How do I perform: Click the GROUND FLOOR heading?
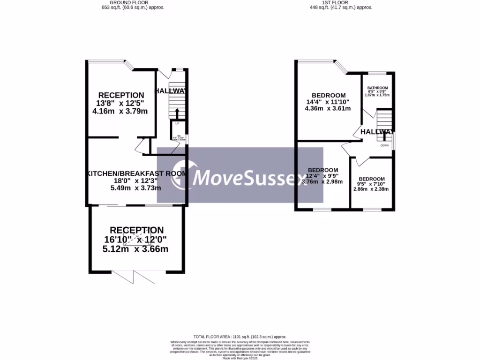click(x=133, y=3)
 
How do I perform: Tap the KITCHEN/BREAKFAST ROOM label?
click(x=136, y=173)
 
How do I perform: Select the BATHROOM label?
click(x=377, y=88)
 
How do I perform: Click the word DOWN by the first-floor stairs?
click(x=384, y=145)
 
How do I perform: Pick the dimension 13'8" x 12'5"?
click(x=121, y=103)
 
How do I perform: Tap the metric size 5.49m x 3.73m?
click(x=135, y=188)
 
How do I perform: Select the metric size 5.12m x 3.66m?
click(x=135, y=249)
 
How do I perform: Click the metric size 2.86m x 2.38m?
click(x=371, y=189)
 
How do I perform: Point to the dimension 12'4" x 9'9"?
click(x=322, y=176)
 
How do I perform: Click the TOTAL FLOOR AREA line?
click(x=240, y=337)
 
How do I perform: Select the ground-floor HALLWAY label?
click(x=172, y=91)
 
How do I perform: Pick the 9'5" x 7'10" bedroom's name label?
click(x=371, y=179)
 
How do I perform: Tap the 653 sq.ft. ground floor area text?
click(x=133, y=8)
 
